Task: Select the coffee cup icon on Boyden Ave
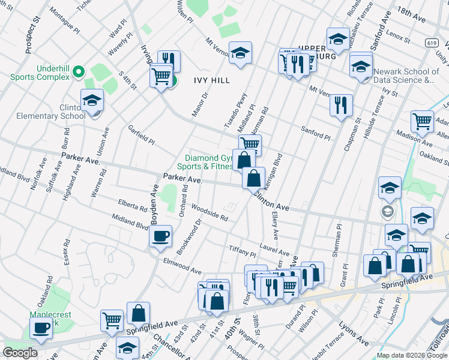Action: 160,236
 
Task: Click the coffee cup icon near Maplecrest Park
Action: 41,328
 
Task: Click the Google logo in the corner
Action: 20,353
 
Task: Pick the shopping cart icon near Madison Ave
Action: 422,121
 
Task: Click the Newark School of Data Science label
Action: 404,76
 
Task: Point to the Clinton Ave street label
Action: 271,200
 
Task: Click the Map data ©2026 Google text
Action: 412,355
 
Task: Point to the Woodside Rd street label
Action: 209,212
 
